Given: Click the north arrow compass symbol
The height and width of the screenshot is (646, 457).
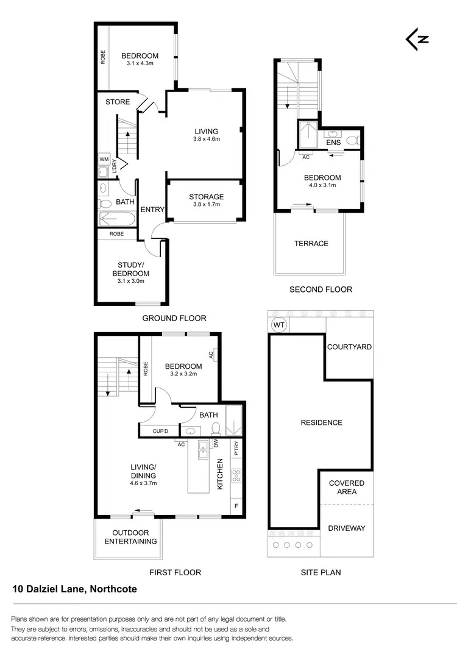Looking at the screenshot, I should [x=417, y=38].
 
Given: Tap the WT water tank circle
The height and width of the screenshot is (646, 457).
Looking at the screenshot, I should [x=279, y=325].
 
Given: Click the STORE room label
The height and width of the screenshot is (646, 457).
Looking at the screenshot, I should [x=118, y=102].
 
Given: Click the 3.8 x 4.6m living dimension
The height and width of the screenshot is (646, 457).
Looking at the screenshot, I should [x=207, y=139].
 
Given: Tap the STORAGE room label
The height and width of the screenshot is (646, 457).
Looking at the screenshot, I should [x=206, y=197].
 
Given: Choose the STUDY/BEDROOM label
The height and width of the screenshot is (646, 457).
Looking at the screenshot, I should [x=133, y=269].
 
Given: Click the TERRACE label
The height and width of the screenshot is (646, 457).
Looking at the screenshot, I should [x=311, y=243].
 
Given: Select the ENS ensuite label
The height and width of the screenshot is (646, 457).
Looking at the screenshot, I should [x=333, y=143].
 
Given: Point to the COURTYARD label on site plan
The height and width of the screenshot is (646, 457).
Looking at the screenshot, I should [x=349, y=347].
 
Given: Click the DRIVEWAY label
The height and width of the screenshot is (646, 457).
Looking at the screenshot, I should [x=347, y=528].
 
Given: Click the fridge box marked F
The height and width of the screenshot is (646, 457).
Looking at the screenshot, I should [x=237, y=506].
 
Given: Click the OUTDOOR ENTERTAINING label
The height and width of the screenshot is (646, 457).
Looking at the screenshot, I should [x=130, y=537].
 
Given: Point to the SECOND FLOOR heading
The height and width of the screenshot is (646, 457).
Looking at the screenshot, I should [x=321, y=289].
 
